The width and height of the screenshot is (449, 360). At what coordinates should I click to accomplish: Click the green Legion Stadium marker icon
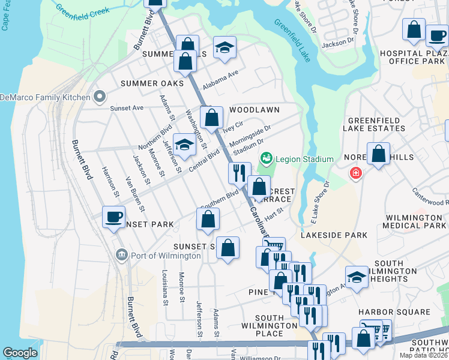[x=266, y=158]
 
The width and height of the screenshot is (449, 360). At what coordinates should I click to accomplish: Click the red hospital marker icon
[x=357, y=173]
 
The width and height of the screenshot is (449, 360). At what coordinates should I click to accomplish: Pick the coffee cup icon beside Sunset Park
[x=113, y=217]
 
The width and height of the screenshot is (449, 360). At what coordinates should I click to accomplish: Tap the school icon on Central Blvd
[x=185, y=145]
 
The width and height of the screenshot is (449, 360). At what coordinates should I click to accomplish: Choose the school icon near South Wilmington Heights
[x=357, y=277]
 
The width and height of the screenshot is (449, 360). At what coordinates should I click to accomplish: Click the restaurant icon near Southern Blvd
[x=239, y=173]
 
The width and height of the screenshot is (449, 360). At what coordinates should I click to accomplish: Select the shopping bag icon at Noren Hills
[x=379, y=154]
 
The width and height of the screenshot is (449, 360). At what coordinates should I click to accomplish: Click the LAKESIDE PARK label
[x=334, y=235]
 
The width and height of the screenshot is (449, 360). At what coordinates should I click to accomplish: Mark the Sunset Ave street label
[x=127, y=108]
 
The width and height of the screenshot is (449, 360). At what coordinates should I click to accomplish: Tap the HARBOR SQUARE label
[x=394, y=312]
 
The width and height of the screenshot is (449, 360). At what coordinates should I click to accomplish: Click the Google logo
[x=20, y=353]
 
